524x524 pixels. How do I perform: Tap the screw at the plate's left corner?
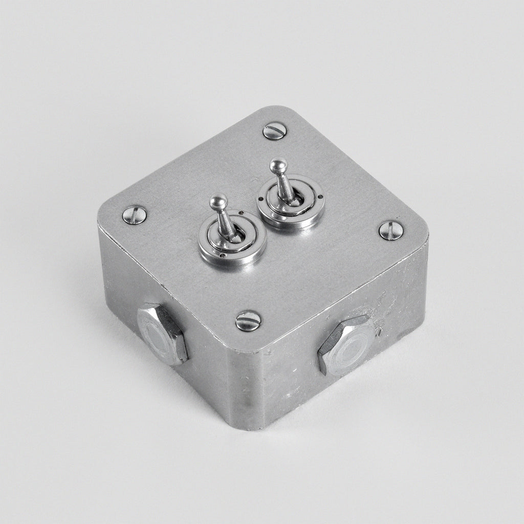[x=135, y=214]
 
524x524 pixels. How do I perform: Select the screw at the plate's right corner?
[x=391, y=230]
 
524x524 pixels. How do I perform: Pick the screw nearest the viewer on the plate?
[x=248, y=321]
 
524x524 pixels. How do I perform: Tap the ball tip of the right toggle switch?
[x=276, y=166]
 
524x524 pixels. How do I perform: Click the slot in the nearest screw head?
[x=248, y=321]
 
